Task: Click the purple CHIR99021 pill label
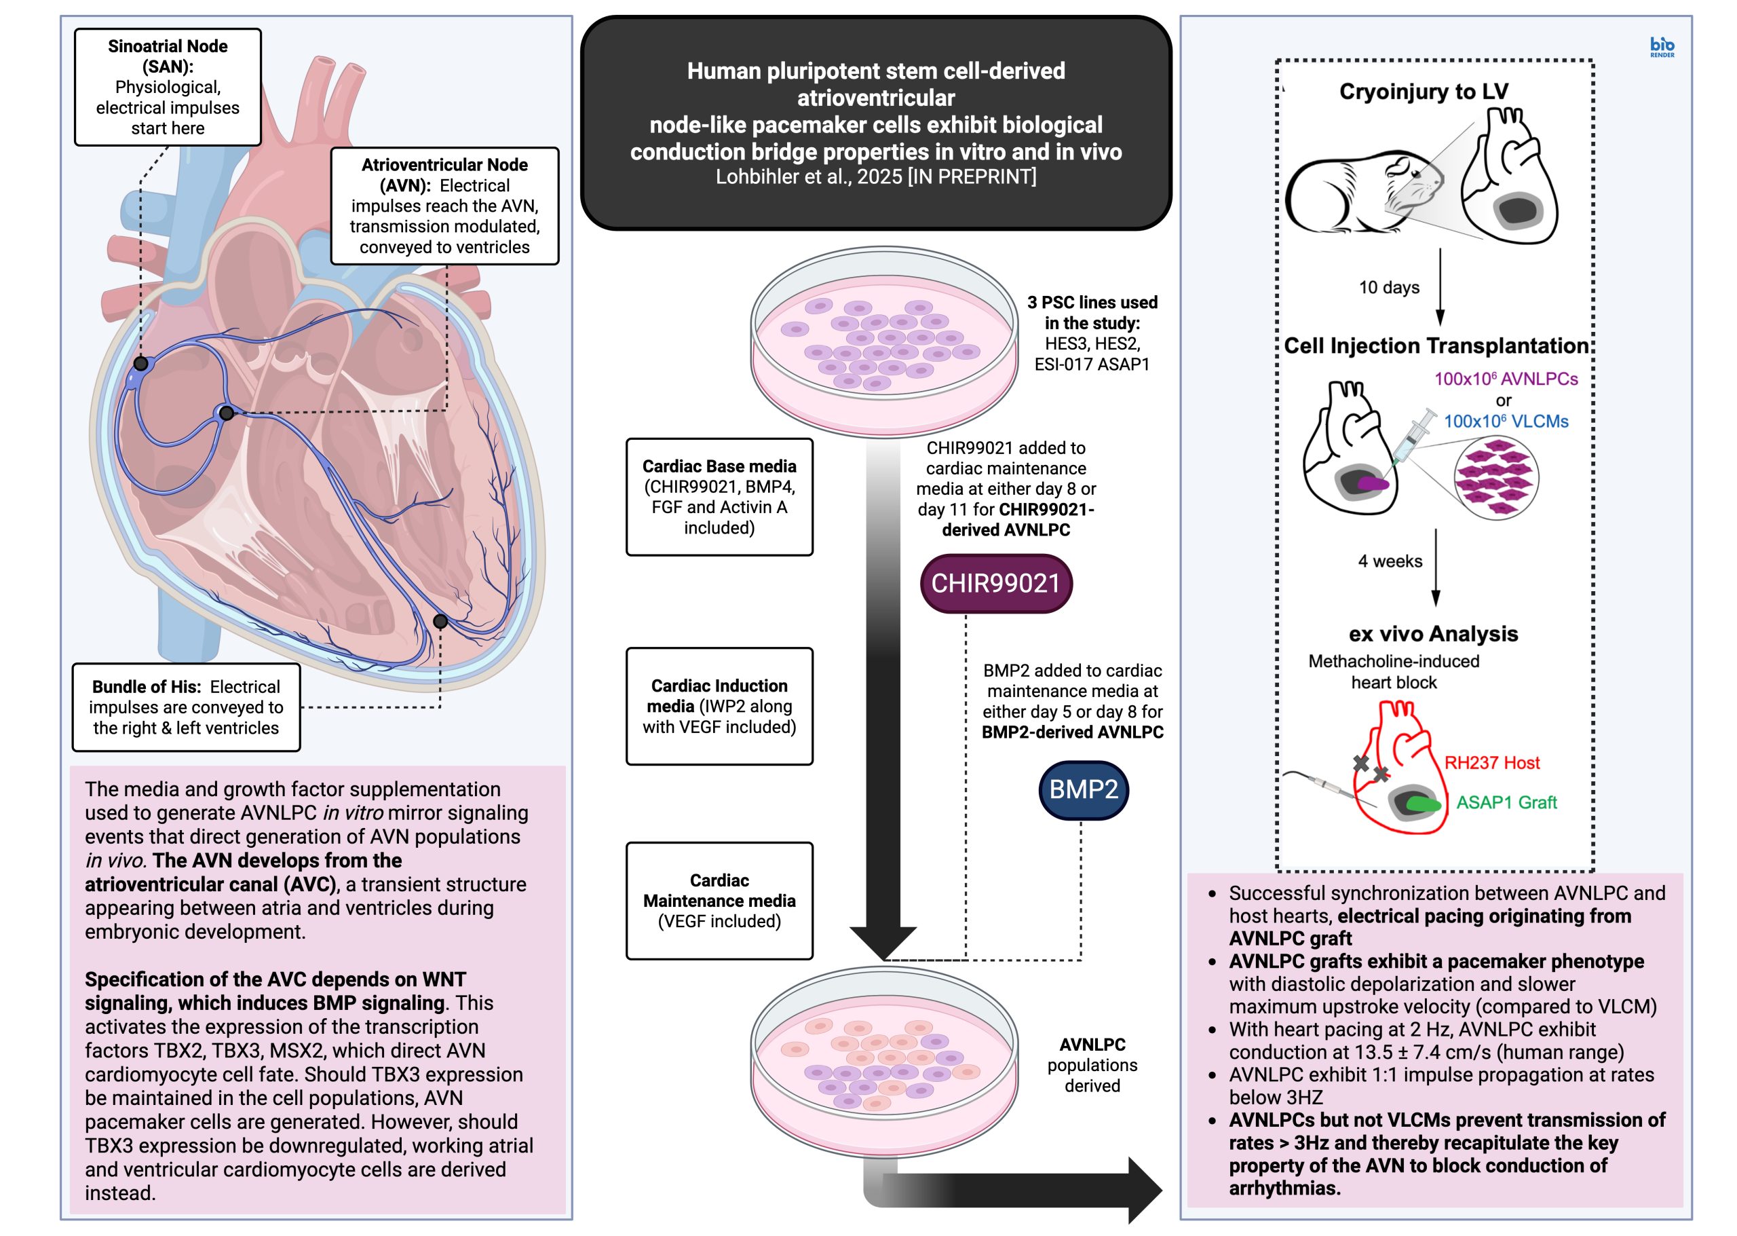tap(995, 584)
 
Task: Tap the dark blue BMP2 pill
tap(1083, 790)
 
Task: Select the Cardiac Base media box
tap(719, 496)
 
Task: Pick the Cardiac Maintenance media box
tap(719, 901)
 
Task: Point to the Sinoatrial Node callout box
tap(168, 87)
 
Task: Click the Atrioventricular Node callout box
tap(444, 206)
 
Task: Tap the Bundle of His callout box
tap(186, 707)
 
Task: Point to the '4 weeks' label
tap(1390, 562)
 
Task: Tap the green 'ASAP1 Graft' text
tap(1506, 802)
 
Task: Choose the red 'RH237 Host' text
tap(1491, 763)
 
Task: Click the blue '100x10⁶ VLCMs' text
tap(1506, 422)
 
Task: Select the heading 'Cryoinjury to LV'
tap(1423, 92)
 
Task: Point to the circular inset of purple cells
tap(1496, 478)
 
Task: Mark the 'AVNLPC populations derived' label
tap(1092, 1065)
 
